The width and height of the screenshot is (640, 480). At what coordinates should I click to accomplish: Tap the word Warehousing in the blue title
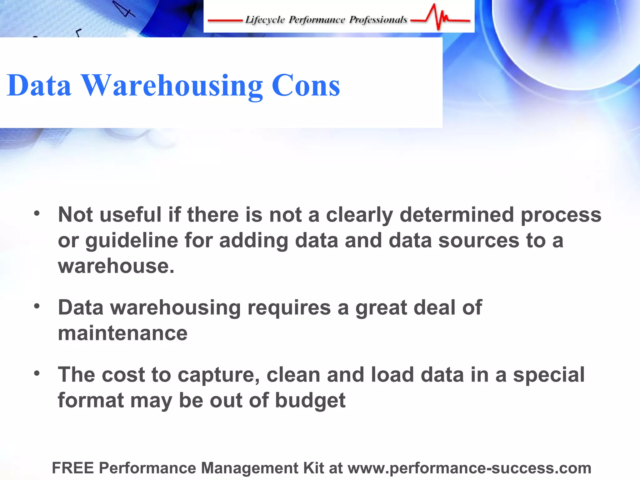(x=172, y=86)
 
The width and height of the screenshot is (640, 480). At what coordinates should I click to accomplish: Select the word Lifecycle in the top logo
(x=265, y=20)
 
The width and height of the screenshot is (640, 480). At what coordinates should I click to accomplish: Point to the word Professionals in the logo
(x=378, y=20)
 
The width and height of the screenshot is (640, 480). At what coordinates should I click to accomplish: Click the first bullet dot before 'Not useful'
(x=37, y=214)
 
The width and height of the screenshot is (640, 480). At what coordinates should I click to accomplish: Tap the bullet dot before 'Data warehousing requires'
(x=37, y=306)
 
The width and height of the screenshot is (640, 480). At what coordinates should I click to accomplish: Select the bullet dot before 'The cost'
(x=37, y=373)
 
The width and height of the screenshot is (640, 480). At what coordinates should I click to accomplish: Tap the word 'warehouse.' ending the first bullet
(x=116, y=266)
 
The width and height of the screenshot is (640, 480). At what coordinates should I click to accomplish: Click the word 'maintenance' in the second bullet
(x=123, y=333)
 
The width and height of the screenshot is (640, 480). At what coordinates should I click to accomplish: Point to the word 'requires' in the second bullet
(x=289, y=308)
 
